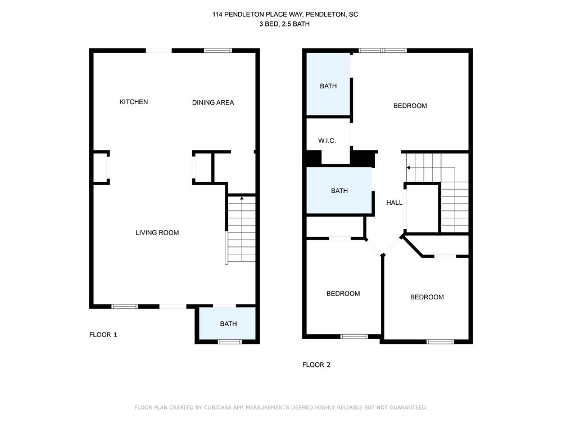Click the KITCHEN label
(x=133, y=102)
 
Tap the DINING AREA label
(x=213, y=102)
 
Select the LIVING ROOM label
(x=157, y=232)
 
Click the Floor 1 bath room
(x=227, y=323)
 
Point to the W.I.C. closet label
(x=327, y=141)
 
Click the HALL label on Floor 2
(x=395, y=203)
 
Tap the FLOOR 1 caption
(x=103, y=335)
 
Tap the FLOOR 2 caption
(x=316, y=365)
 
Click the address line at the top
(x=285, y=15)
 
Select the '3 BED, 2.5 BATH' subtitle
(x=284, y=24)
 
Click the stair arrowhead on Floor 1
(x=242, y=198)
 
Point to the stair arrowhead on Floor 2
(x=408, y=168)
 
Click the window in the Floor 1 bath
(x=230, y=342)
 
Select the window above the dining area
(x=218, y=51)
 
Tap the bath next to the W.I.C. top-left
(x=328, y=84)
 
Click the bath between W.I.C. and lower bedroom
(x=339, y=191)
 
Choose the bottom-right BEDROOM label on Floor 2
(x=427, y=297)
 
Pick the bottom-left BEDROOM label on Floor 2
(x=343, y=294)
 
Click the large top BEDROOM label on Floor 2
(x=410, y=106)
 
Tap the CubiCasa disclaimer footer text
(x=280, y=407)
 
